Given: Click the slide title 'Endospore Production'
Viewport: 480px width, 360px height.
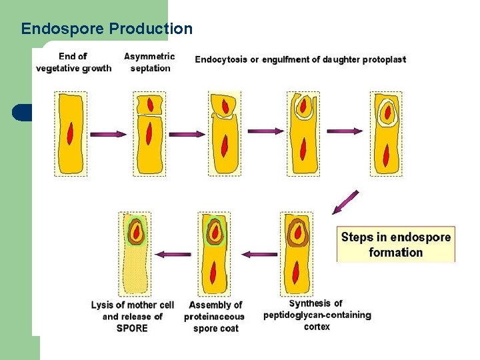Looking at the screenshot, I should pyautogui.click(x=107, y=29).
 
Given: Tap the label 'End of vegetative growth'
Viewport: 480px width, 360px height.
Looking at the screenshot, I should pyautogui.click(x=73, y=62).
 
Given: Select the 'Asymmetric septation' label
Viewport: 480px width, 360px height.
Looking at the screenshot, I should pyautogui.click(x=149, y=62).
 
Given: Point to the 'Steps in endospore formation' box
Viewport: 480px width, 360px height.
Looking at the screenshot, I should pyautogui.click(x=396, y=245).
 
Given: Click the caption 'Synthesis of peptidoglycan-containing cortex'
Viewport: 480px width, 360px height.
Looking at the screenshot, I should pyautogui.click(x=317, y=315).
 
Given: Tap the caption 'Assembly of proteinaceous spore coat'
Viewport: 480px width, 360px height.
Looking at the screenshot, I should pyautogui.click(x=215, y=316).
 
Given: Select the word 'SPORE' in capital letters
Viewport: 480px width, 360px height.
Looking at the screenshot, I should pyautogui.click(x=132, y=328).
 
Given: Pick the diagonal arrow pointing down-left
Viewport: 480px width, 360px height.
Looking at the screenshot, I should pyautogui.click(x=346, y=202).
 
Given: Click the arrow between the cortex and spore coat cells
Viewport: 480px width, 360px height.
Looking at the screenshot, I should pyautogui.click(x=259, y=254).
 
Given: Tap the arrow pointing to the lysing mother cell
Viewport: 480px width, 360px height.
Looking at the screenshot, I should pyautogui.click(x=177, y=254).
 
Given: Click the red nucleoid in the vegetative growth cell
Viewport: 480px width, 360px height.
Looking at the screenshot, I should pyautogui.click(x=71, y=134).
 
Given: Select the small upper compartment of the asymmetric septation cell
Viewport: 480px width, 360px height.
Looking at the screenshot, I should pyautogui.click(x=150, y=104).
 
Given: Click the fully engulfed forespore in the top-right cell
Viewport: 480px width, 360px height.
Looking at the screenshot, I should pyautogui.click(x=387, y=111).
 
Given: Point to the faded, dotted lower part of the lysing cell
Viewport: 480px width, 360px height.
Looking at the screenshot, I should pyautogui.click(x=135, y=270).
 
